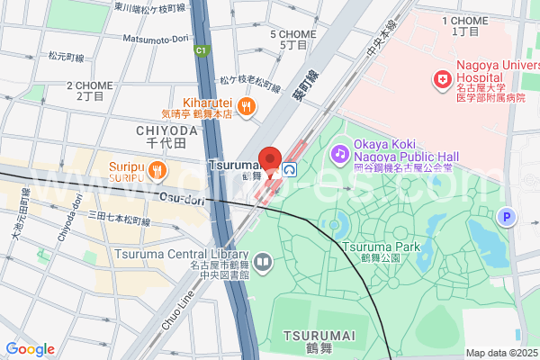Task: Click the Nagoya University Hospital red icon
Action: click(442, 81)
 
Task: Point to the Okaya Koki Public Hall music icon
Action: click(339, 154)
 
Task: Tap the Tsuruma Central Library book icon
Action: click(263, 263)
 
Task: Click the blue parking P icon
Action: click(508, 216)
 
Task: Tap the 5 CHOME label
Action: click(293, 34)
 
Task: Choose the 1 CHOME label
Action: click(466, 20)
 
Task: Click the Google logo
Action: click(30, 349)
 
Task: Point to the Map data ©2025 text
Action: click(500, 352)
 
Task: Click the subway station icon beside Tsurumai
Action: click(290, 168)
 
